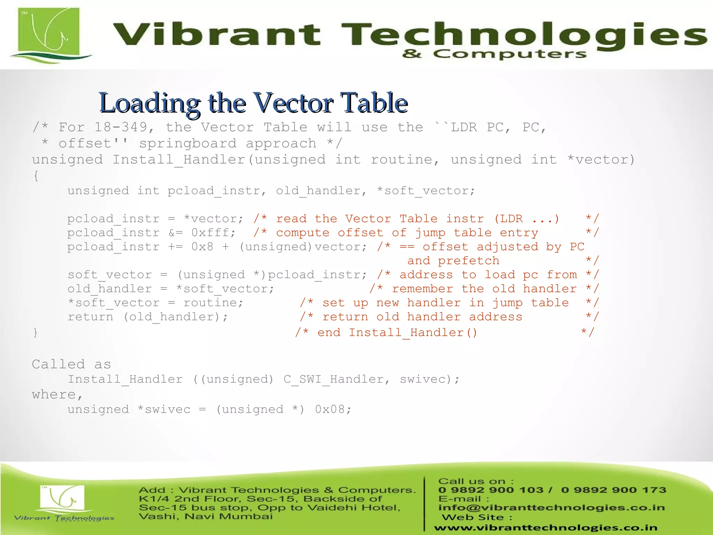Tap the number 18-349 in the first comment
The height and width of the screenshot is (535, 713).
(x=121, y=127)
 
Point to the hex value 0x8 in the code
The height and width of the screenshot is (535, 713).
(x=202, y=247)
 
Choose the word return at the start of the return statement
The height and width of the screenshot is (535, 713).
(x=91, y=317)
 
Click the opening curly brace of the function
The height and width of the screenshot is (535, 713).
(x=36, y=176)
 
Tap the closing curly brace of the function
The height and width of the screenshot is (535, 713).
(x=35, y=332)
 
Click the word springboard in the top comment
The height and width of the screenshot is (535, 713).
(x=188, y=143)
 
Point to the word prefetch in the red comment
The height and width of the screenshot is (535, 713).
(x=468, y=261)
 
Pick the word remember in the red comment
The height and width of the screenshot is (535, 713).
(x=422, y=289)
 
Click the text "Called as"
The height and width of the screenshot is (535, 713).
(x=71, y=364)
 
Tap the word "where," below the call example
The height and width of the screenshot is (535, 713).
(x=57, y=394)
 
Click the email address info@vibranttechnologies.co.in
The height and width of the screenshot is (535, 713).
(x=551, y=507)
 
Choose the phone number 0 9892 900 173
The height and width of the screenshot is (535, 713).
(x=613, y=490)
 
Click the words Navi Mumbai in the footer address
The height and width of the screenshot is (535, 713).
(x=228, y=516)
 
